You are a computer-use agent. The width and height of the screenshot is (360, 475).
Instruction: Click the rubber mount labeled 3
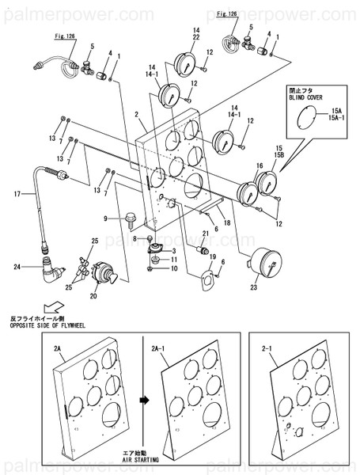click(x=156, y=252)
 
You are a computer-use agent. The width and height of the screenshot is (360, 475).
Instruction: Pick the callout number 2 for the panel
click(x=137, y=116)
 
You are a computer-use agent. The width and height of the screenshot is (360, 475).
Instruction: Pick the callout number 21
click(x=204, y=233)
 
